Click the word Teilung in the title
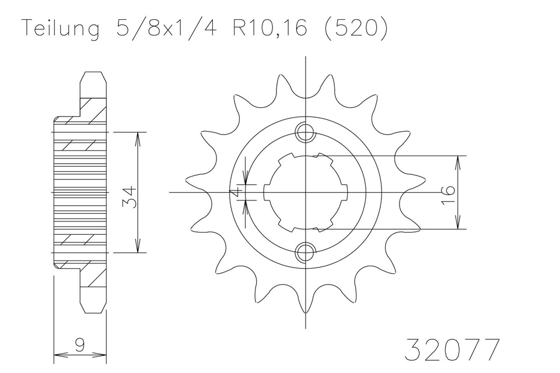click(x=59, y=30)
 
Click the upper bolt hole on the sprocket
click(x=305, y=133)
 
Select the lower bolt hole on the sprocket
click(x=305, y=252)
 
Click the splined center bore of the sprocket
click(x=305, y=192)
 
